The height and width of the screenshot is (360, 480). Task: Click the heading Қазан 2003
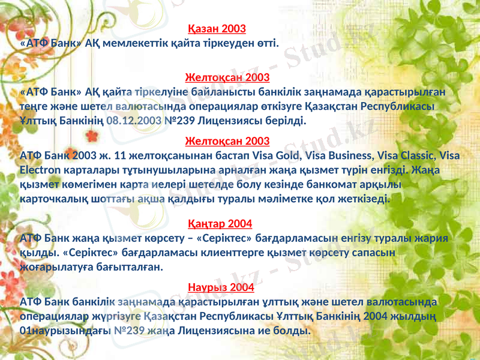(x=217, y=29)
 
